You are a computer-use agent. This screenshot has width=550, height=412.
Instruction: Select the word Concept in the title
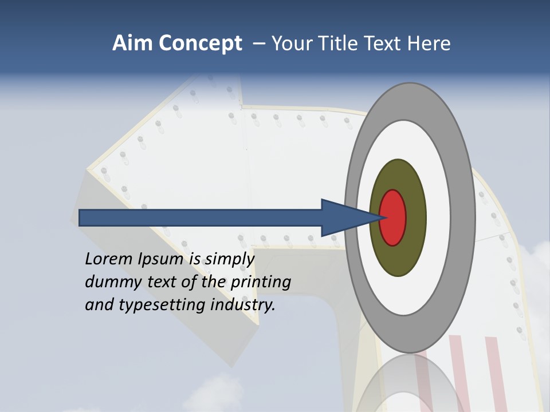pyautogui.click(x=201, y=43)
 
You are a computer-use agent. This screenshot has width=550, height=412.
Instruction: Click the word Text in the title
pyautogui.click(x=384, y=43)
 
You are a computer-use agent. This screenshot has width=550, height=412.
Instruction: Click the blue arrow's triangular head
pyautogui.click(x=344, y=217)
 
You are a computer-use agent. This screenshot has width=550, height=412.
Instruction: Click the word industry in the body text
pyautogui.click(x=243, y=306)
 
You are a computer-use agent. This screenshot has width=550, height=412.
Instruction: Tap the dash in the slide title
pyautogui.click(x=259, y=44)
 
